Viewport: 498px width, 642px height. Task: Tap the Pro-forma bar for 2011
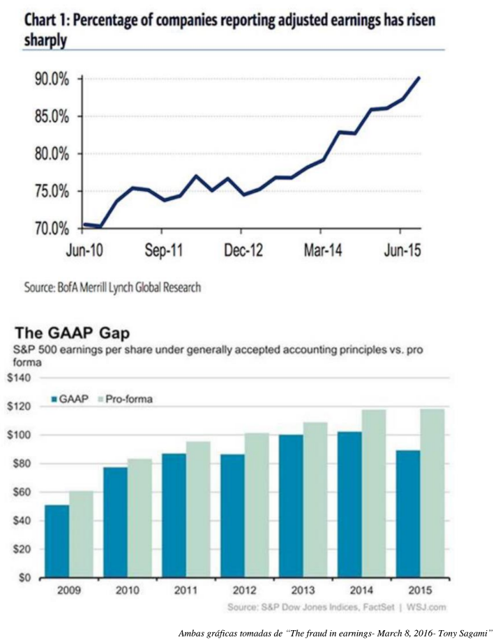(x=197, y=510)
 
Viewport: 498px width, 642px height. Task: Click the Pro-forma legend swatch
(x=98, y=399)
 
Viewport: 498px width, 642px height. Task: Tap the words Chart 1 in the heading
(x=45, y=21)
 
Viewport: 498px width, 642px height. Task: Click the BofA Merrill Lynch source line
(x=112, y=287)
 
